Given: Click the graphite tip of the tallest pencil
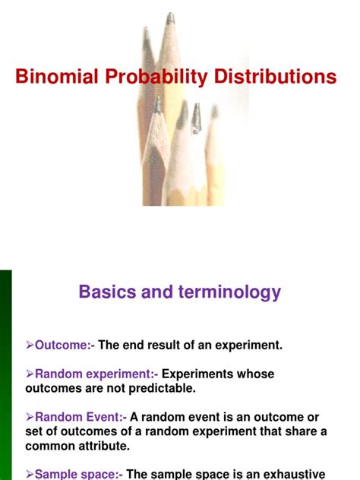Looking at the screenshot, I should click(x=170, y=18).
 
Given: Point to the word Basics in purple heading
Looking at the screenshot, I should click(x=107, y=292).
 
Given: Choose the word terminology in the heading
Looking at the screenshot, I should click(x=229, y=292).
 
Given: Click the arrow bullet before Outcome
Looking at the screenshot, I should click(x=30, y=345).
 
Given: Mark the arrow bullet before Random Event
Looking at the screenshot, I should click(x=30, y=417).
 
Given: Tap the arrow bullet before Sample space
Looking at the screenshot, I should click(x=30, y=473).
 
